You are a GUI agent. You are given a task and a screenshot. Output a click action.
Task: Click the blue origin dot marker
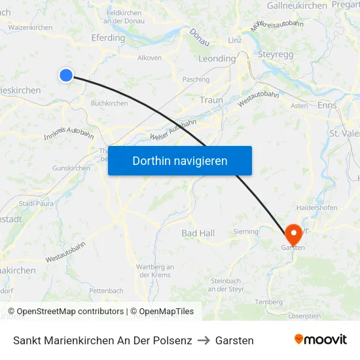click(x=66, y=75)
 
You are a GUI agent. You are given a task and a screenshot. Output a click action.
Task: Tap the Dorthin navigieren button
click(x=180, y=160)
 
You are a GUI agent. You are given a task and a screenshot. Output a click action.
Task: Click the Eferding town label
click(x=109, y=38)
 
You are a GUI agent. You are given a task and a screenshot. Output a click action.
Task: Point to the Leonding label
click(x=217, y=58)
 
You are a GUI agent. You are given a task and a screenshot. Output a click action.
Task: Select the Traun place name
click(x=211, y=100)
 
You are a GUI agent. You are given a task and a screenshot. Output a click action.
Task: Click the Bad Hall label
click(x=198, y=233)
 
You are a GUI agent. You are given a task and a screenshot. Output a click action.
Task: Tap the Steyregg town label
click(x=277, y=54)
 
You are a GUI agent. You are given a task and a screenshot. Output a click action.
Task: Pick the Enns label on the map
click(x=327, y=105)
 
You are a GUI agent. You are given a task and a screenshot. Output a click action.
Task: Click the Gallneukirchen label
click(x=297, y=5)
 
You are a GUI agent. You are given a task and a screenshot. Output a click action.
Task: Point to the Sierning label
click(x=246, y=231)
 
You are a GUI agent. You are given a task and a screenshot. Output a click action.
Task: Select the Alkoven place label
click(x=149, y=58)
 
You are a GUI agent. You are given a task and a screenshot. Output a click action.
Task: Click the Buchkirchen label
click(x=109, y=103)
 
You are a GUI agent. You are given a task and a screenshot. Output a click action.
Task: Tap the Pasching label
click(x=196, y=80)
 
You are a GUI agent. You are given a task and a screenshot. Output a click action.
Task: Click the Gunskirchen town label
click(x=71, y=168)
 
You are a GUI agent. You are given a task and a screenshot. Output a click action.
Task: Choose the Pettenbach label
click(x=106, y=290)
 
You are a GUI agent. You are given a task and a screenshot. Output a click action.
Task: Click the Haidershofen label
click(x=317, y=207)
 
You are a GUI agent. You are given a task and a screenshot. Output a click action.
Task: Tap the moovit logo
click(x=320, y=340)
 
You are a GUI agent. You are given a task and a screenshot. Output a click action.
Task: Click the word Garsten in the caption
click(x=234, y=340)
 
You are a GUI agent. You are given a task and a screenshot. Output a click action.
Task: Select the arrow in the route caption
click(x=204, y=340)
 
